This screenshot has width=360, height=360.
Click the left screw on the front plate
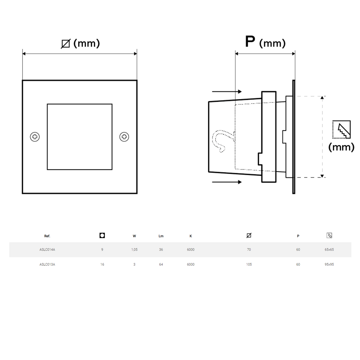point(35,137)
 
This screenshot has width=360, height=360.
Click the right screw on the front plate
point(124,137)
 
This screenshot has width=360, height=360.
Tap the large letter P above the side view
point(250,41)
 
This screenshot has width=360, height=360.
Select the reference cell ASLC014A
point(47,249)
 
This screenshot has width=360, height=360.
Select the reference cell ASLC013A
point(47,264)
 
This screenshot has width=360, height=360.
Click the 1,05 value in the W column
point(134,250)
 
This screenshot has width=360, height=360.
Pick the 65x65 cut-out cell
point(329,249)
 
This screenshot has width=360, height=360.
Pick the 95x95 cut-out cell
point(329,264)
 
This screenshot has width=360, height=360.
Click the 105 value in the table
point(249,264)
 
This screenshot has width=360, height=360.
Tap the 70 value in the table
point(249,249)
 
